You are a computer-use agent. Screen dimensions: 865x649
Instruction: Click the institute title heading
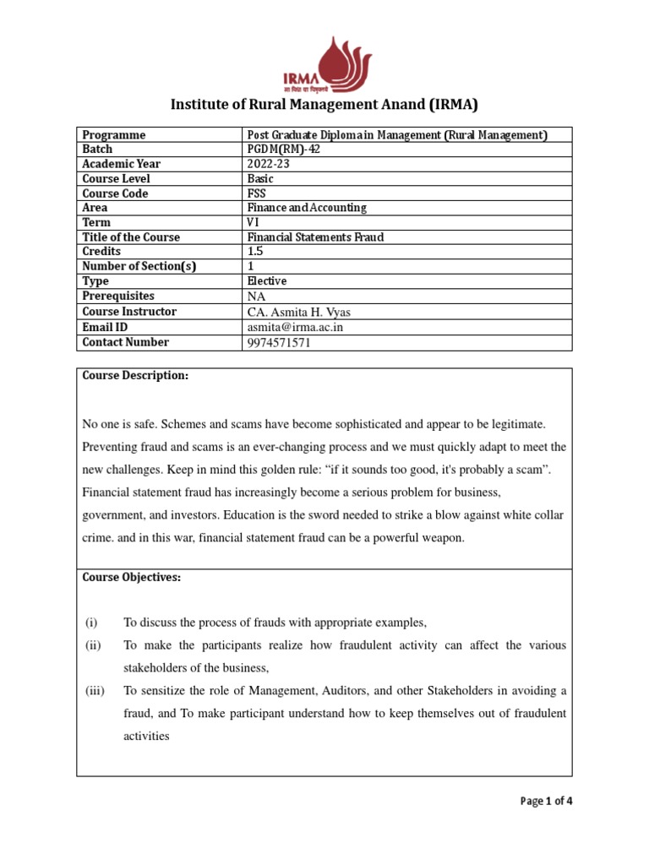[x=324, y=106]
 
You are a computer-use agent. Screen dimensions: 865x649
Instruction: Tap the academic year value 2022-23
[x=268, y=164]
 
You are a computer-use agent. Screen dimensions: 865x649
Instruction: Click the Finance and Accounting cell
[x=306, y=208]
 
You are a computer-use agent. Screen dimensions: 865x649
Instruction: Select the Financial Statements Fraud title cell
[x=314, y=237]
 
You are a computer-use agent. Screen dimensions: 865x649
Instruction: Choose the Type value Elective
[x=266, y=281]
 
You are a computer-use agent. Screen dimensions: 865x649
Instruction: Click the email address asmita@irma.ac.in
[x=295, y=327]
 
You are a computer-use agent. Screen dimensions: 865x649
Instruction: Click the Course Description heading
[x=135, y=376]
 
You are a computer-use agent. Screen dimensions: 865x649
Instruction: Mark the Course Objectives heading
[x=131, y=578]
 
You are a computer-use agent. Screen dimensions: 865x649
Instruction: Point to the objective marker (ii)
[x=93, y=645]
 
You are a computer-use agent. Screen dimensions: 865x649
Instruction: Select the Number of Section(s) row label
[x=139, y=267]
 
